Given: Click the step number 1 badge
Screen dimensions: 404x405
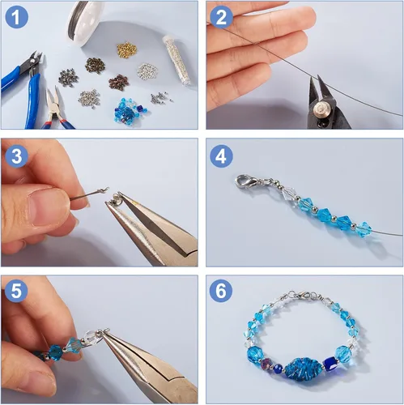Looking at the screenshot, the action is tap(16, 17).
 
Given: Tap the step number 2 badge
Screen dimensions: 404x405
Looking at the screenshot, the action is tap(221, 17).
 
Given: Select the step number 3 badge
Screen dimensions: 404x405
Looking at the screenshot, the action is tap(16, 156).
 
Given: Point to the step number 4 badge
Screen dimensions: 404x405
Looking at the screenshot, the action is tap(221, 156).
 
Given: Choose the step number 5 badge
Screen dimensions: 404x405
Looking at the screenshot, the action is tap(16, 291).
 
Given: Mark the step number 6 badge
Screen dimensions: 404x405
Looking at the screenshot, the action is tap(221, 291).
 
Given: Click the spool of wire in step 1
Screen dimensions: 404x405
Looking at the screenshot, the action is tap(86, 23).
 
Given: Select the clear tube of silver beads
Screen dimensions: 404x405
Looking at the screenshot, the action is tap(176, 60).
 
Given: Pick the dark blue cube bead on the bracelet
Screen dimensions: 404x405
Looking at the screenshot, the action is tap(330, 363).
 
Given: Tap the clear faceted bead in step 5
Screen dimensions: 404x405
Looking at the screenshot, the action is tap(91, 338).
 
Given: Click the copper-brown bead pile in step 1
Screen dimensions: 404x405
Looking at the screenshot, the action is tap(118, 83).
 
